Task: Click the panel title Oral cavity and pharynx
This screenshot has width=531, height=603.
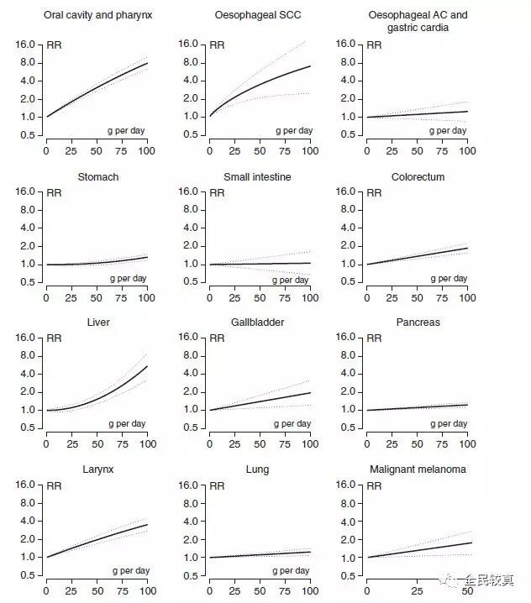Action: click(98, 15)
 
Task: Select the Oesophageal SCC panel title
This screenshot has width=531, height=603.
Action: click(258, 15)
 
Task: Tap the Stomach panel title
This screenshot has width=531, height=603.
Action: click(98, 177)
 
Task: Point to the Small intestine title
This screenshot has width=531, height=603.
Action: click(258, 177)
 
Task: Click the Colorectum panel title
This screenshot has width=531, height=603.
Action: click(418, 177)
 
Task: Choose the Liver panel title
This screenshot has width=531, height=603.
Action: click(98, 322)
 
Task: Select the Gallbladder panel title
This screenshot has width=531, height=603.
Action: click(258, 322)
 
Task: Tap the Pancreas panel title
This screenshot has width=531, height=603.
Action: click(418, 322)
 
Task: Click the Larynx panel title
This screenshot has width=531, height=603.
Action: click(98, 469)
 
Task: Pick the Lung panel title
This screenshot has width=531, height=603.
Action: click(258, 469)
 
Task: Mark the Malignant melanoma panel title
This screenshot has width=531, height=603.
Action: click(418, 469)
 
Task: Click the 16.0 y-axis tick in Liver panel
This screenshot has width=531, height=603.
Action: click(24, 338)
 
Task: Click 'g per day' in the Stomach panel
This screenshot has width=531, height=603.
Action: click(127, 278)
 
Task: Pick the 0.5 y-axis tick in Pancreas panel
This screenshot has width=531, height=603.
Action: click(347, 427)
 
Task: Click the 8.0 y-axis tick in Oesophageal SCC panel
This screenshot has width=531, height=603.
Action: click(187, 63)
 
